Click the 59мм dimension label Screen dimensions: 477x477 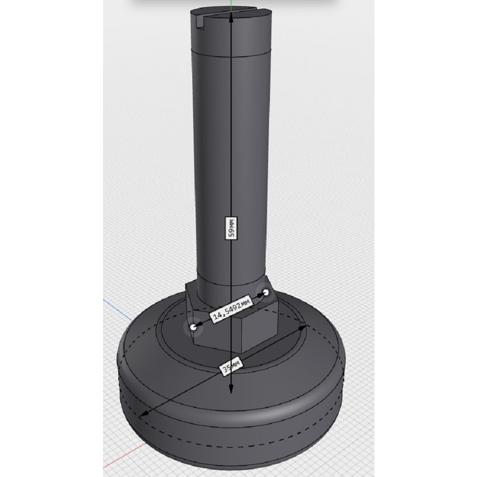pyautogui.click(x=231, y=228)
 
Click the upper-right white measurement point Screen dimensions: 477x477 pyautogui.click(x=266, y=293)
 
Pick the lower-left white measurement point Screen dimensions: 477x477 pyautogui.click(x=193, y=327)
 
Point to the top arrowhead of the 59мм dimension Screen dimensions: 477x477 pyautogui.click(x=231, y=17)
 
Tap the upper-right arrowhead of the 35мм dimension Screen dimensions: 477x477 pyautogui.click(x=303, y=328)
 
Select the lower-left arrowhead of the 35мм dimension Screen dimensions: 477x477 pyautogui.click(x=144, y=414)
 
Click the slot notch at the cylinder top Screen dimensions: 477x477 pyautogui.click(x=199, y=23)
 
